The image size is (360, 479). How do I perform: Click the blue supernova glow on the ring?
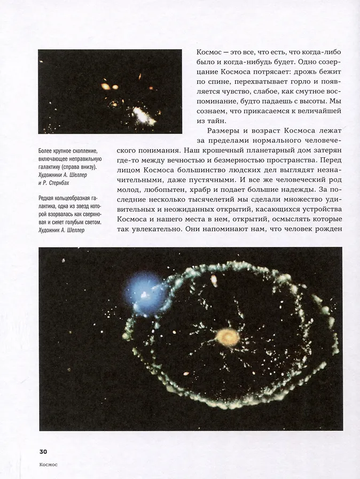pyautogui.click(x=144, y=292)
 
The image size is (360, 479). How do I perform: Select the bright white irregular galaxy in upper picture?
pyautogui.click(x=143, y=115)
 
